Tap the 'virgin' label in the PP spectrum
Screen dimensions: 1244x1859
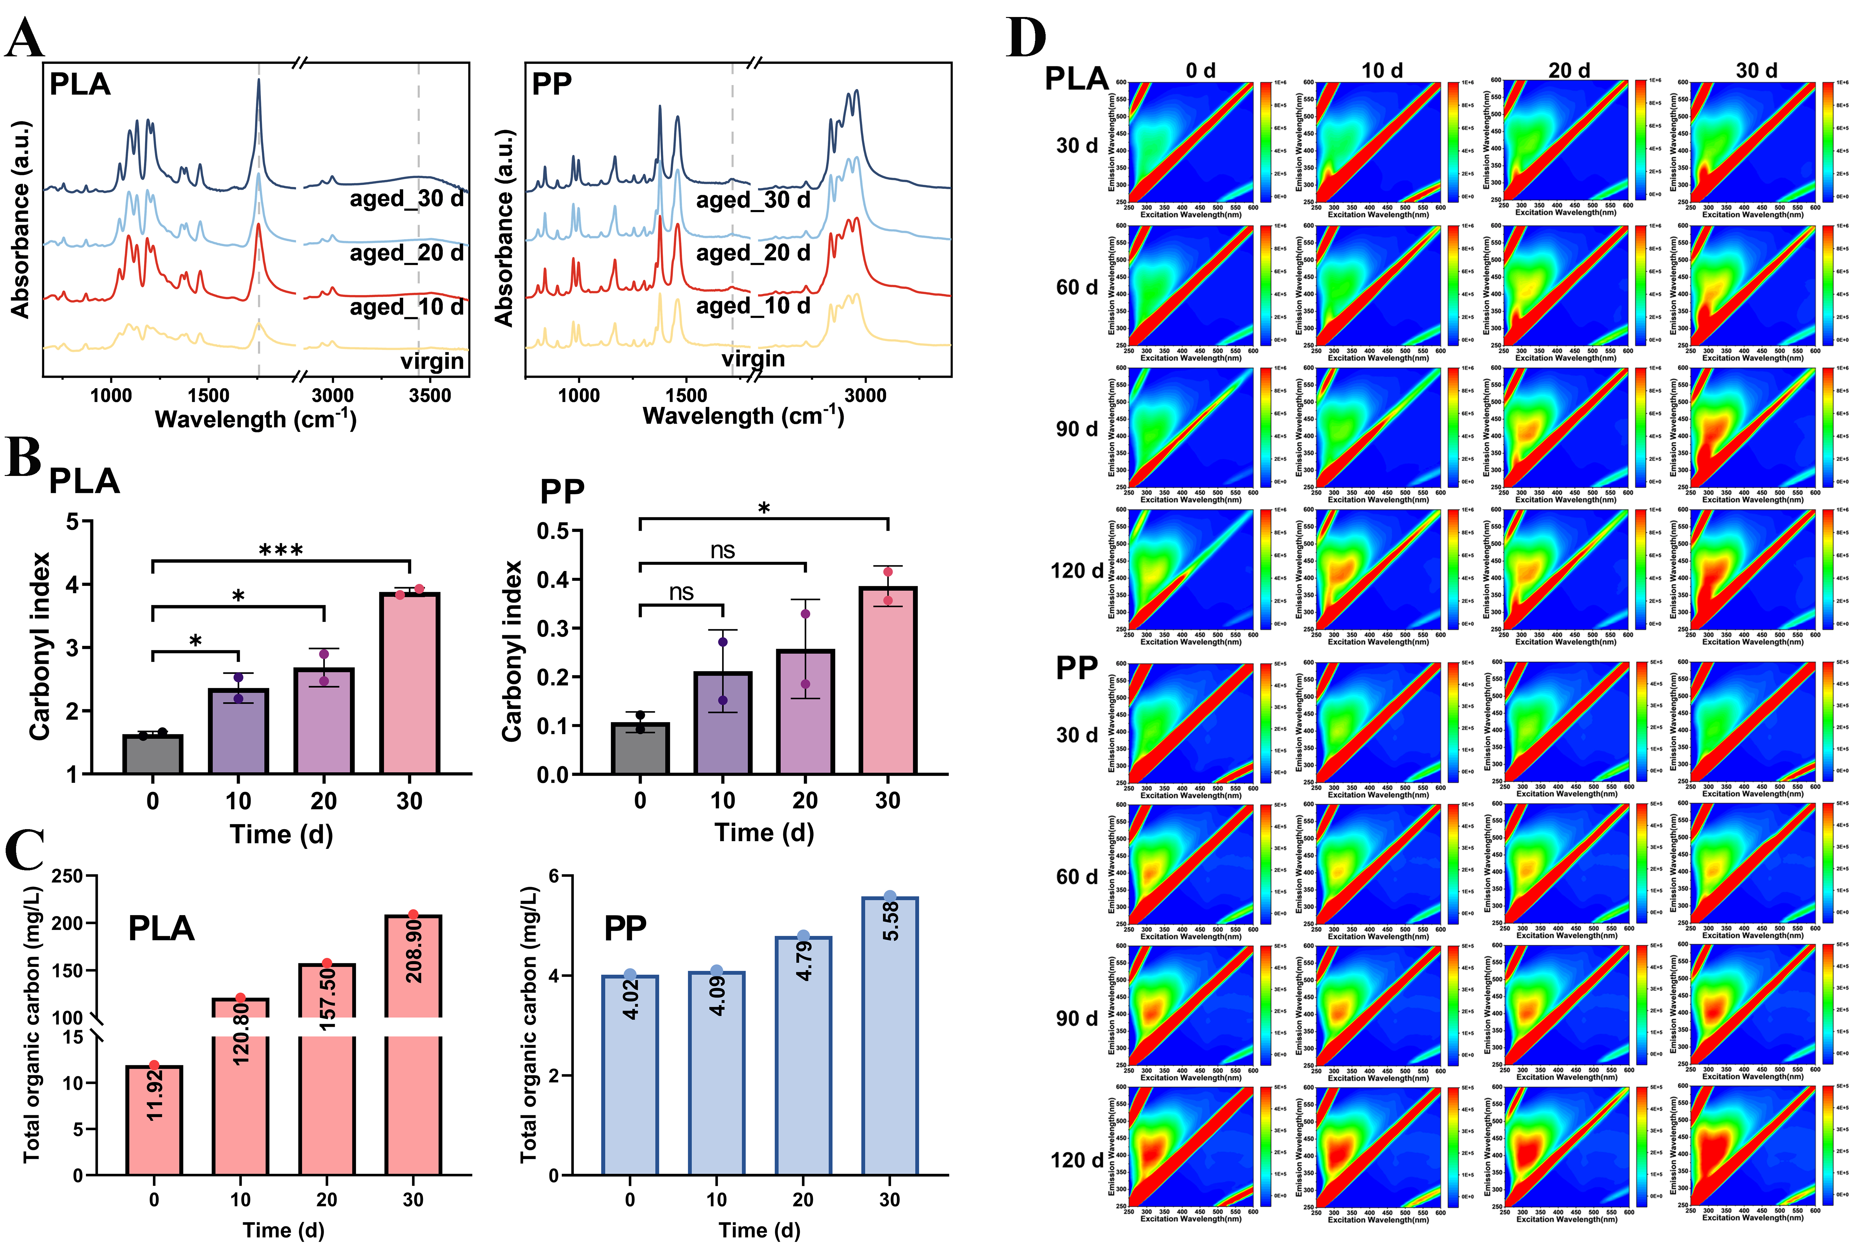[x=753, y=359]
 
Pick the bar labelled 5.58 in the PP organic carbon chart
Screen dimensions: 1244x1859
[x=890, y=1035]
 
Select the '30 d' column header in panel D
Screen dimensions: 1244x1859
[x=1756, y=71]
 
